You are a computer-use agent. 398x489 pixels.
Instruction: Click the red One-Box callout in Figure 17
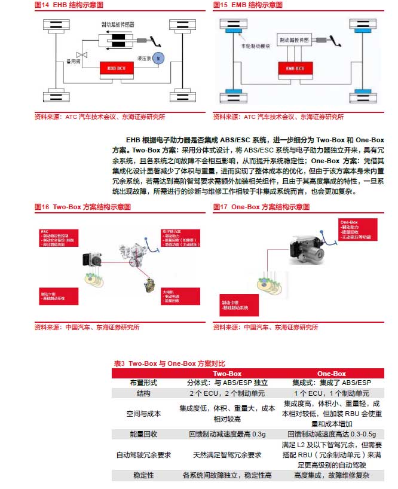pyautogui.click(x=357, y=230)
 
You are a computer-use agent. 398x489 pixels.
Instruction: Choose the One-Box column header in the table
pyautogui.click(x=331, y=373)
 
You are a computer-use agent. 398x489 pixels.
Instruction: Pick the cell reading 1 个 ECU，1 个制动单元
pyautogui.click(x=331, y=393)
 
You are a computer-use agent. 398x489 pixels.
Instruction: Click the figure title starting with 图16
pyautogui.click(x=82, y=207)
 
